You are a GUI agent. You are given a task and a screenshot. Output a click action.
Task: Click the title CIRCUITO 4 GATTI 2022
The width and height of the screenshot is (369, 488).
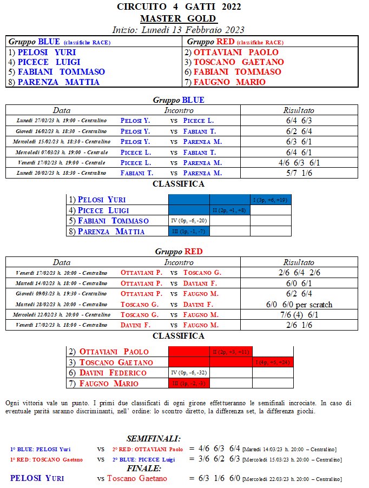click(x=179, y=7)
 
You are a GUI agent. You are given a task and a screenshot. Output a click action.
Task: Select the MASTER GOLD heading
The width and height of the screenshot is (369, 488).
click(x=179, y=18)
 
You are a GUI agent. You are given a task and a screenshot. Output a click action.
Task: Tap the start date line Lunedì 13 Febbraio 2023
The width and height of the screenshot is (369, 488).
click(x=179, y=29)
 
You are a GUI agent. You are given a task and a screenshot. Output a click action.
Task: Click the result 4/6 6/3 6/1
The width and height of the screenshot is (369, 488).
click(x=299, y=162)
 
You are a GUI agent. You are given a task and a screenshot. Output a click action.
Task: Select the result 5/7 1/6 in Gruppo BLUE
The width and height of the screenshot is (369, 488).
click(x=299, y=173)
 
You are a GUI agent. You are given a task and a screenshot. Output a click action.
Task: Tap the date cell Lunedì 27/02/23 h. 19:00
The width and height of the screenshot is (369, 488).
click(x=61, y=120)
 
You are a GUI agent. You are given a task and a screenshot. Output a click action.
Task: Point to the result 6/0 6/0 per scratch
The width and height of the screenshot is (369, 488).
click(x=299, y=305)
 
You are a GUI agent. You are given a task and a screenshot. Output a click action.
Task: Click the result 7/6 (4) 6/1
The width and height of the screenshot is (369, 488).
click(x=299, y=315)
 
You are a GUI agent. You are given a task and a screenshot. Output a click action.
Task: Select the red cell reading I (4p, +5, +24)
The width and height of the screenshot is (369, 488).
click(x=272, y=362)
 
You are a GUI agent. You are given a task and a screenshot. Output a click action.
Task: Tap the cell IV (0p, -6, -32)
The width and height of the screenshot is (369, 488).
click(x=189, y=373)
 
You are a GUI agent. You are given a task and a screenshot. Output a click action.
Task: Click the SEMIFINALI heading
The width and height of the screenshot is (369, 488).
click(x=154, y=438)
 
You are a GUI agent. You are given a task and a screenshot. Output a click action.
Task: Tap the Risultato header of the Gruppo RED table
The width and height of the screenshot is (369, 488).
click(x=299, y=262)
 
